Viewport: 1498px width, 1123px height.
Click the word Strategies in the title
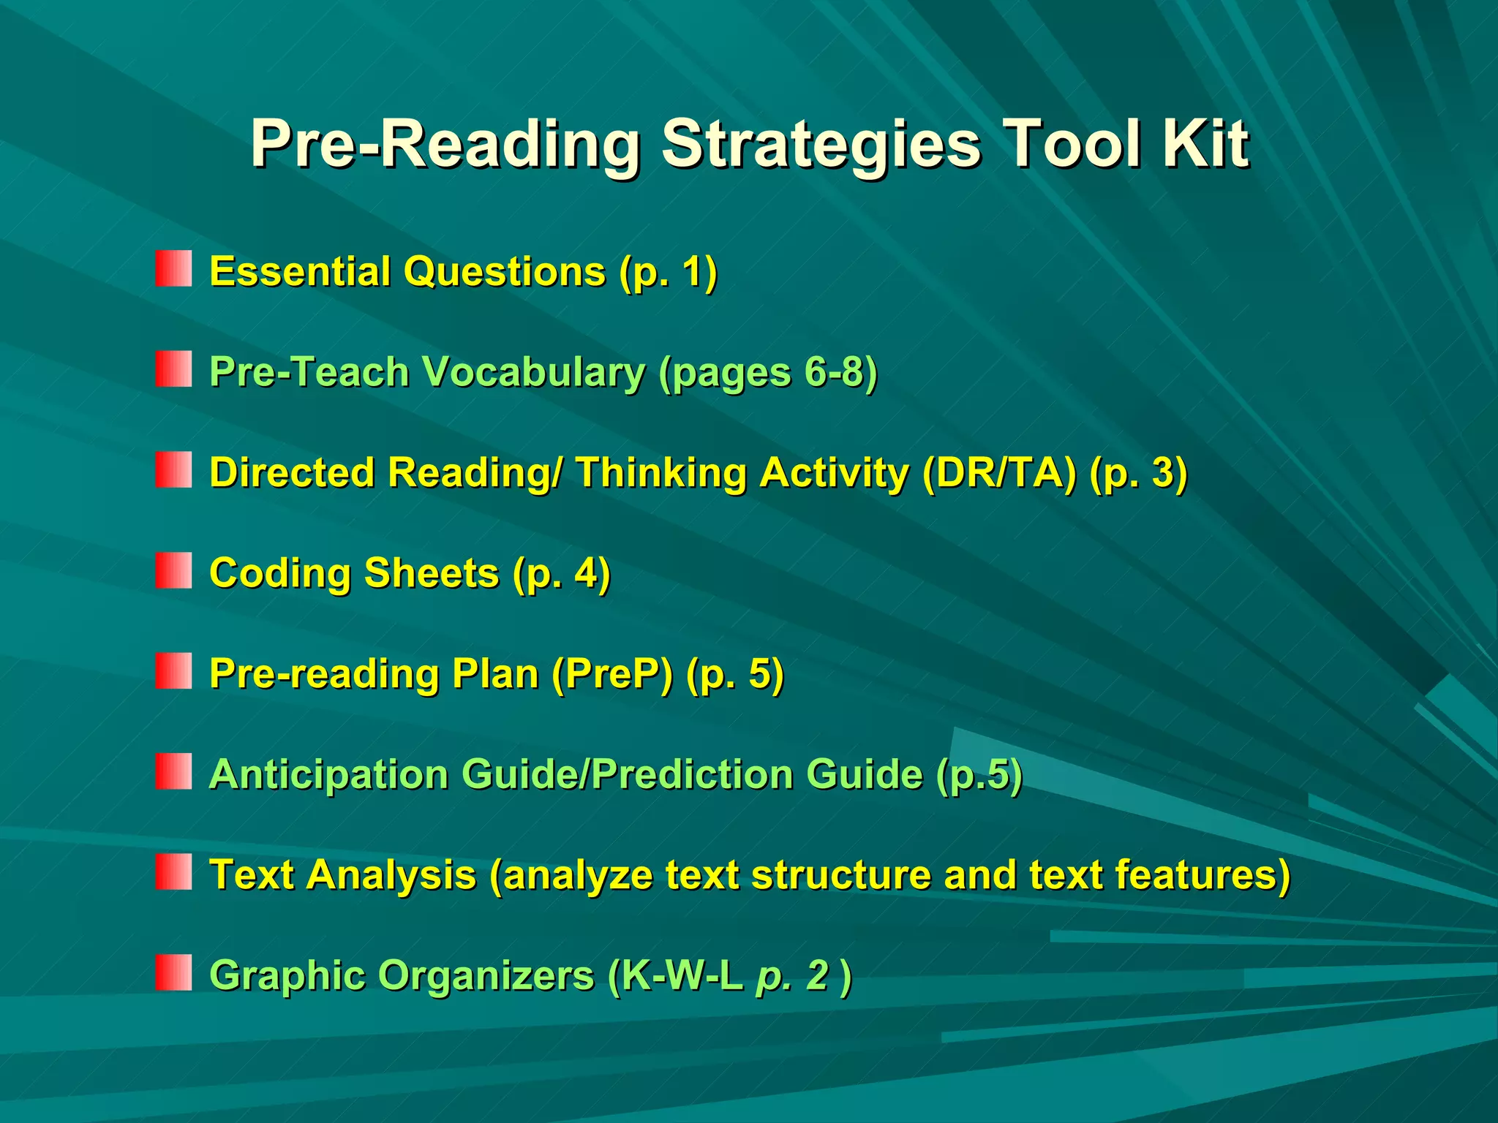(821, 145)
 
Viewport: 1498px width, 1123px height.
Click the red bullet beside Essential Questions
(173, 268)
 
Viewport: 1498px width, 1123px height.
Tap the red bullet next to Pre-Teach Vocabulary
(173, 368)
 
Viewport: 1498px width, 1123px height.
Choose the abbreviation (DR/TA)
(999, 473)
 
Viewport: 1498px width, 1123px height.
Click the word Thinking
(661, 473)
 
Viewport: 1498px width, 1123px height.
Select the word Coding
(281, 573)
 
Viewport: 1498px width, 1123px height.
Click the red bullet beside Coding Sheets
(173, 570)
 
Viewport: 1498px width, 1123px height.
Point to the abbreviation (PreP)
(612, 673)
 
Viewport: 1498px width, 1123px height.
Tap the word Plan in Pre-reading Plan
(495, 673)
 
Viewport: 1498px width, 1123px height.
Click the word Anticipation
(328, 774)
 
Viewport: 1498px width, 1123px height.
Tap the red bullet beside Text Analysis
(173, 871)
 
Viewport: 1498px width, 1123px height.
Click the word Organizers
(486, 976)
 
